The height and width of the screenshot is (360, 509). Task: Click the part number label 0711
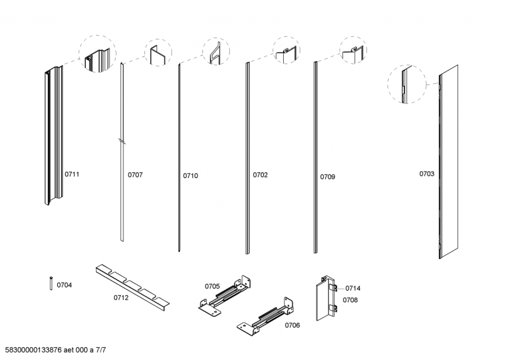pos(72,174)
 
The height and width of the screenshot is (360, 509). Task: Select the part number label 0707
pos(135,175)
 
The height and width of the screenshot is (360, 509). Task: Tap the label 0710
pos(190,176)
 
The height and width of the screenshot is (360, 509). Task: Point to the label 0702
pos(260,175)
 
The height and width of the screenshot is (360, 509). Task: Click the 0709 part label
pos(328,177)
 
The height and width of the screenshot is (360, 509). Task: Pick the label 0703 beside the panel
pos(426,174)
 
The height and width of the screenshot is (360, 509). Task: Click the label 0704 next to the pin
pos(64,285)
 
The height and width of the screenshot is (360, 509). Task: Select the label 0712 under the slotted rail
pos(121,298)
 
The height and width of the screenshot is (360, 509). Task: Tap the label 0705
pos(213,286)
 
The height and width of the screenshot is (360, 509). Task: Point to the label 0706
pos(293,325)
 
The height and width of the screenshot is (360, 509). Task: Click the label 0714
pos(353,288)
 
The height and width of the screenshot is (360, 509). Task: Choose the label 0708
pos(351,300)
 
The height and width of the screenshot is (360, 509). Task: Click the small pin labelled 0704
pos(51,283)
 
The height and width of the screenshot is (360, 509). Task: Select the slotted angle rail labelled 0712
pos(132,286)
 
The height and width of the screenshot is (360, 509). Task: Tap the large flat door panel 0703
pos(449,162)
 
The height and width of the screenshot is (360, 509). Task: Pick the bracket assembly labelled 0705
pos(225,295)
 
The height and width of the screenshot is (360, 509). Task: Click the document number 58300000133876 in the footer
pos(34,350)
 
